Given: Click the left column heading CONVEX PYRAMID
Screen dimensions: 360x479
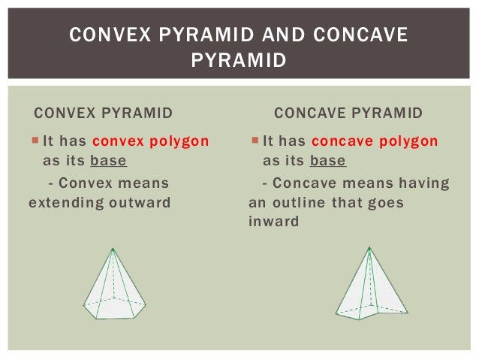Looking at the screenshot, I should pos(104,113).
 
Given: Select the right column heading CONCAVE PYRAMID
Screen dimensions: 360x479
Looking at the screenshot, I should pos(348,113).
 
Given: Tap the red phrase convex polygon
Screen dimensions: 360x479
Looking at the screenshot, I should pos(151,141).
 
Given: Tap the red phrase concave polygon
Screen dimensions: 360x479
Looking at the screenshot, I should pos(374,141).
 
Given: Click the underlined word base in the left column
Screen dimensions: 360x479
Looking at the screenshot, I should pos(108,161).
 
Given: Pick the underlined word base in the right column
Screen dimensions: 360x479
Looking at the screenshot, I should pos(327,161).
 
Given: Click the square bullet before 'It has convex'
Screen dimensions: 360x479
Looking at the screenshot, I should pos(36,141).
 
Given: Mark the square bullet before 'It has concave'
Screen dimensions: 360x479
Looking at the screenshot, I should pos(255,141).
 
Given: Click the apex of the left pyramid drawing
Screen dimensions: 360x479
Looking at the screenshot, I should pos(113,249).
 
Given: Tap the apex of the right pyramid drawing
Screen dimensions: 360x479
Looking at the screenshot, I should pos(369,248).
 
